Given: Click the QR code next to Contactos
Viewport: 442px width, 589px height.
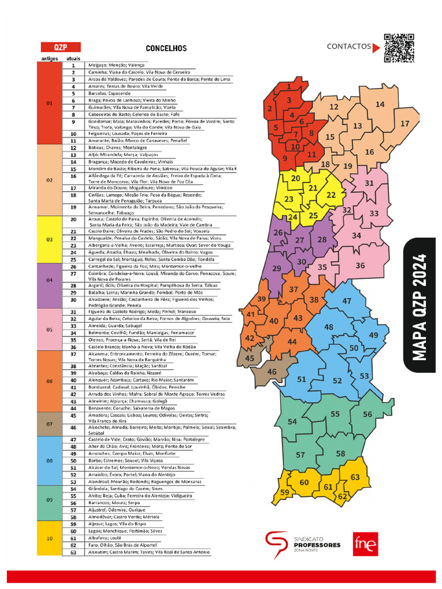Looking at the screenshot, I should click(399, 48).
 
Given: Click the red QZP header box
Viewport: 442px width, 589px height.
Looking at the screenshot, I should click(59, 47).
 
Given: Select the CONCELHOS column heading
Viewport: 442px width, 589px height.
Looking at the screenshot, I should click(166, 49).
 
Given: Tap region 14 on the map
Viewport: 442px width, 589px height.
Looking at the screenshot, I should click(380, 104).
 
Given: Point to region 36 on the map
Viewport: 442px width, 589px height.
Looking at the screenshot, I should click(360, 265).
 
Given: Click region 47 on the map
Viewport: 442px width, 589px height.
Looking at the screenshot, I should click(346, 301).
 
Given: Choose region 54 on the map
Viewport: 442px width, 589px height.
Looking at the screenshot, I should click(292, 422).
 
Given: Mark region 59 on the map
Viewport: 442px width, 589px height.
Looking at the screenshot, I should click(284, 492).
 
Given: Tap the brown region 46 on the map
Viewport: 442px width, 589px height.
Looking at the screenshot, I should click(272, 372).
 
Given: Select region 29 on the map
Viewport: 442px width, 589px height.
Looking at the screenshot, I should click(277, 269).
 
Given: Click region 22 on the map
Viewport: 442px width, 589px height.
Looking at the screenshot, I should click(331, 195).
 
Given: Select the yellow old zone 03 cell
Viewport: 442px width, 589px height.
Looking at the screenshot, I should click(49, 239).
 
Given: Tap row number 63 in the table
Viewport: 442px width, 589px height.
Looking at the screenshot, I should click(73, 552).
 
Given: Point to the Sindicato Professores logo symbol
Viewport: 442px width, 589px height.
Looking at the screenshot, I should click(277, 544).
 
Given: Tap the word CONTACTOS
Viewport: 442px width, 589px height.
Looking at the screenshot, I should click(349, 47).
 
